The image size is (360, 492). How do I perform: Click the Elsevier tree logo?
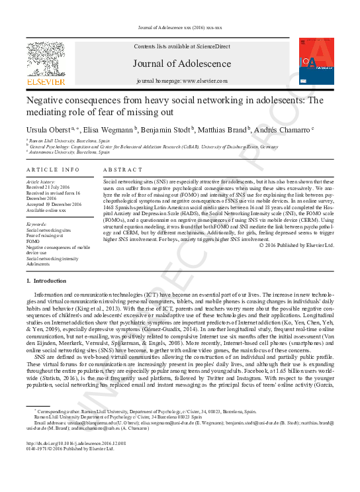(x=45, y=62)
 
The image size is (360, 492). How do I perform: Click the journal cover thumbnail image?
(x=314, y=62)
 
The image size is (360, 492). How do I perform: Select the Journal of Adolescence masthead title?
(x=181, y=64)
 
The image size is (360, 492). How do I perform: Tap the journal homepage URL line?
(x=181, y=81)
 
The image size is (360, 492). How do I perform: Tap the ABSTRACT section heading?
(x=122, y=170)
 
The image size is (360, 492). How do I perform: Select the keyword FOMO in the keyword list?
(x=33, y=241)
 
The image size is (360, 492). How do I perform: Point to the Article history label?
(x=41, y=181)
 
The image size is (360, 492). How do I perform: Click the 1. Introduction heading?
(x=50, y=281)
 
